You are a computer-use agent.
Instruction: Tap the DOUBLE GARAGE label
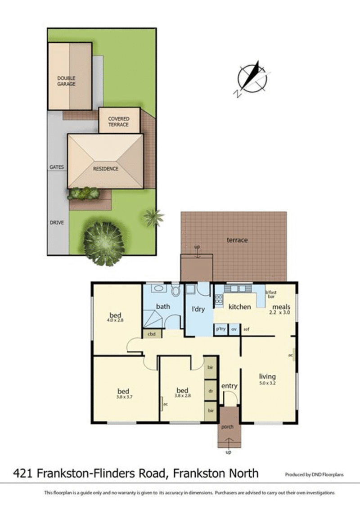(x=66, y=81)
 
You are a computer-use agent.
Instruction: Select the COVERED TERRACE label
(x=118, y=122)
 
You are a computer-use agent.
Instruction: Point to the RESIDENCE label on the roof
(x=105, y=169)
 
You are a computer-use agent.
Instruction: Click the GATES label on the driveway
(x=57, y=167)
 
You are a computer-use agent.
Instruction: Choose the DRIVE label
(x=57, y=223)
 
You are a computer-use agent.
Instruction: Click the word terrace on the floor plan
(x=237, y=240)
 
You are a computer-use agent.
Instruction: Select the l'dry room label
(x=198, y=309)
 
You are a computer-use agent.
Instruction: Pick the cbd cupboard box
(x=152, y=333)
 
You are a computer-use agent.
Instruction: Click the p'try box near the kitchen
(x=220, y=329)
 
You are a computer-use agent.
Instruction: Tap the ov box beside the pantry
(x=234, y=329)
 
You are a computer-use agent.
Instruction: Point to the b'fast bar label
(x=271, y=294)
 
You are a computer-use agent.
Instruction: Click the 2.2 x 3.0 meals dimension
(x=279, y=313)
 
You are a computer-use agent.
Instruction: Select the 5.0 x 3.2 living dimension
(x=267, y=383)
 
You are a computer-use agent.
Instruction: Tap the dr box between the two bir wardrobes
(x=210, y=391)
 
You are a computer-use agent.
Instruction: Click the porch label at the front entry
(x=227, y=427)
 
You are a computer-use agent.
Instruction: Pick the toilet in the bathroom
(x=175, y=290)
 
